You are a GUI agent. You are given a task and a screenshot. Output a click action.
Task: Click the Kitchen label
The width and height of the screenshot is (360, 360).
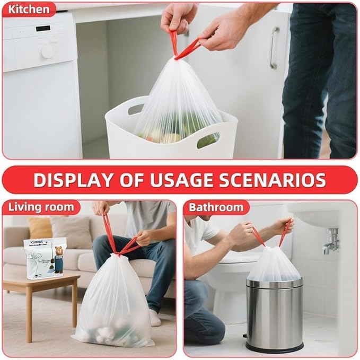(x=29, y=9)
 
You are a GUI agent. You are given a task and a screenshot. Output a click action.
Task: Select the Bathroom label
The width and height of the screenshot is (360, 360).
(x=216, y=207)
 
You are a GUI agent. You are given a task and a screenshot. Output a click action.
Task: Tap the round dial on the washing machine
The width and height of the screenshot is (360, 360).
(x=47, y=51)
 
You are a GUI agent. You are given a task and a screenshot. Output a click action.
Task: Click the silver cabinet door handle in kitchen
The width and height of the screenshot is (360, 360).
(x=274, y=48)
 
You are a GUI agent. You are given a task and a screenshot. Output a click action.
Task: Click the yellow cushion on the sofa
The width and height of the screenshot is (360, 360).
(x=40, y=227)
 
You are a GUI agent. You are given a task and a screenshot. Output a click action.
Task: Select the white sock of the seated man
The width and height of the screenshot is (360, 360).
(x=154, y=318)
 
